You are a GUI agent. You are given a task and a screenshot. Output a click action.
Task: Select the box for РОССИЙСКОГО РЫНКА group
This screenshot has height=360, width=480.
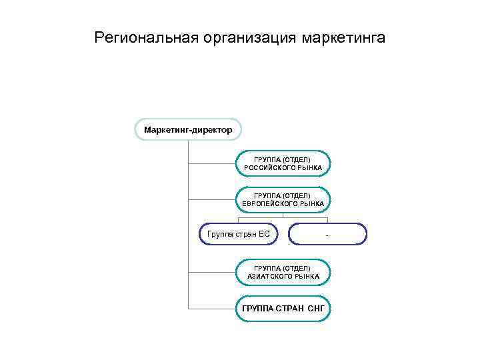click(x=283, y=163)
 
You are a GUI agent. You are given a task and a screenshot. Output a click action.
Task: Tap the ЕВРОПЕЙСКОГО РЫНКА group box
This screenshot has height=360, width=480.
click(x=283, y=199)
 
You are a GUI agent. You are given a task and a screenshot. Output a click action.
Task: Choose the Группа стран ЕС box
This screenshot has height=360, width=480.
click(x=238, y=234)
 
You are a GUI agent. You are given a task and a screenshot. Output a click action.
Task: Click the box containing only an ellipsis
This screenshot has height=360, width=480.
click(x=327, y=234)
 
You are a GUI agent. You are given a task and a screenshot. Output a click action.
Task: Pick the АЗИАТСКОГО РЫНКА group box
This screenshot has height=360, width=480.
click(x=283, y=272)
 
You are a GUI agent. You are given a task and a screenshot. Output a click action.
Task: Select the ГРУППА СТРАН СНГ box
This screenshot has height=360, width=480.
click(x=283, y=309)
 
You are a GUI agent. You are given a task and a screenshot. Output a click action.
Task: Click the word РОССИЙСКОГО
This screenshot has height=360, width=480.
click(x=266, y=167)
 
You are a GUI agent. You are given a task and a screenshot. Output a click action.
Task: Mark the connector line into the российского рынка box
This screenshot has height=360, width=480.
click(x=212, y=163)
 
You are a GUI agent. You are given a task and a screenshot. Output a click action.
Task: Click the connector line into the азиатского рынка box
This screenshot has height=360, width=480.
click(x=212, y=272)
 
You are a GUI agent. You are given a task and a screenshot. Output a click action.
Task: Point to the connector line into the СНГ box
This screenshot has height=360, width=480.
click(x=212, y=309)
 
